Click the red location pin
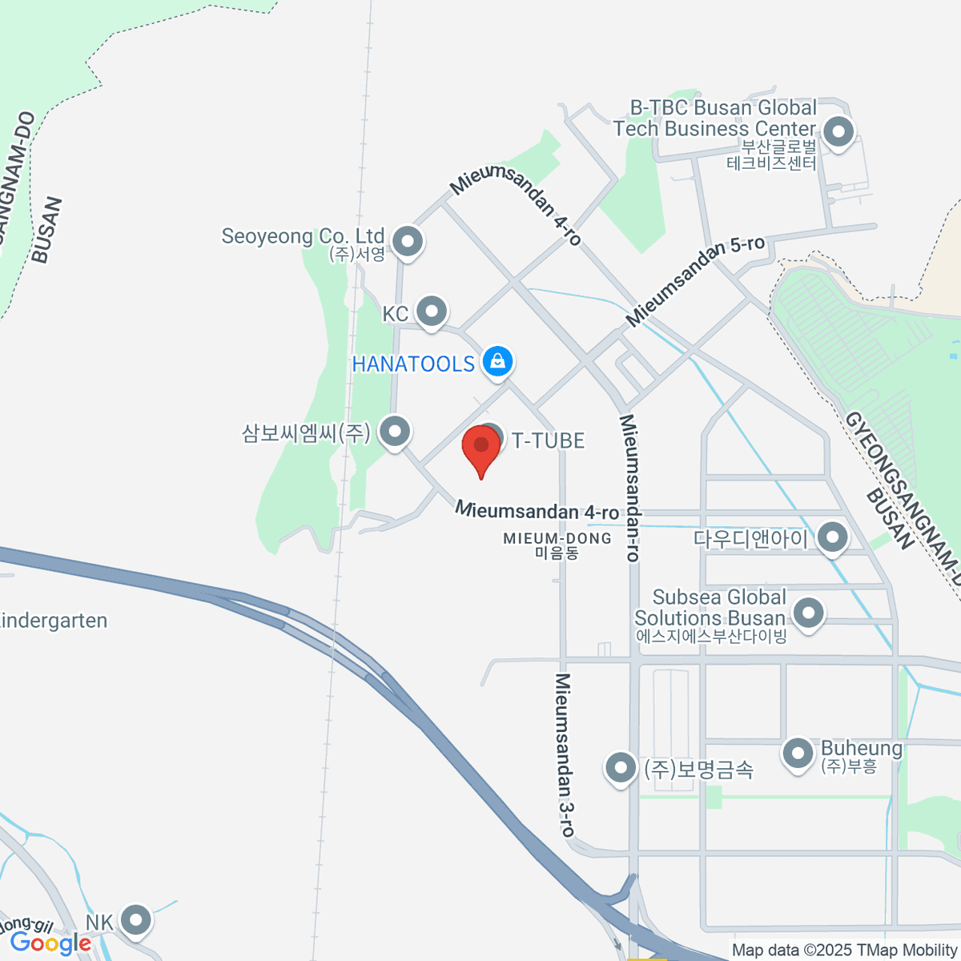pyautogui.click(x=481, y=448)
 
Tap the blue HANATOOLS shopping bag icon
pyautogui.click(x=498, y=361)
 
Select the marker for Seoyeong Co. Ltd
pyautogui.click(x=408, y=240)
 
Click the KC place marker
pyautogui.click(x=432, y=311)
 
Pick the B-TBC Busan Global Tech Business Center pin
pyautogui.click(x=838, y=131)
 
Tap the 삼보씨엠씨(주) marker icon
pyautogui.click(x=394, y=432)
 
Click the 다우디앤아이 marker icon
pyautogui.click(x=833, y=537)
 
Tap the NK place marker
pyautogui.click(x=135, y=920)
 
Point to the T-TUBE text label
pyautogui.click(x=549, y=440)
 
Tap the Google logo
pyautogui.click(x=50, y=943)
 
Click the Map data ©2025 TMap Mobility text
pyautogui.click(x=844, y=951)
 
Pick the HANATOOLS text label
pyautogui.click(x=413, y=364)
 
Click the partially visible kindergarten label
pyautogui.click(x=53, y=621)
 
